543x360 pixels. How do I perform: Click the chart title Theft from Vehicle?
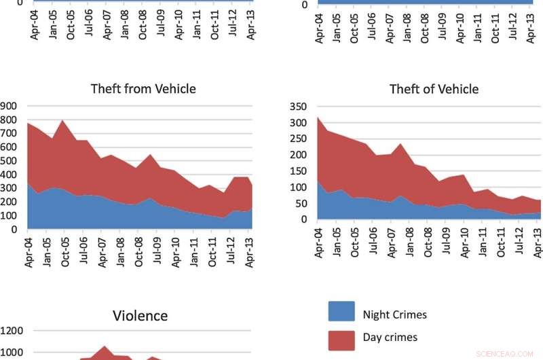[x=143, y=88]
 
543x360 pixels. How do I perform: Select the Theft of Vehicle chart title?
[x=434, y=89]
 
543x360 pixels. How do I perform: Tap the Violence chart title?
[x=140, y=315]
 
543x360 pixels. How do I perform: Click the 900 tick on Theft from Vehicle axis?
[x=8, y=106]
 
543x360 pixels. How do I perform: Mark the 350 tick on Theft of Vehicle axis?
[x=299, y=107]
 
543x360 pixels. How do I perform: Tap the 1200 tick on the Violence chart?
[x=11, y=331]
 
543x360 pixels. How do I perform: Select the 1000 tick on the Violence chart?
[x=11, y=353]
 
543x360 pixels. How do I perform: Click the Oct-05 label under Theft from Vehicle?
[x=66, y=251]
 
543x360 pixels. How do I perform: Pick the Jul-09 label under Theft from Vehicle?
[x=158, y=251]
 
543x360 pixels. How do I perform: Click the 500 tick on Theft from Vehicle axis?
[x=8, y=161]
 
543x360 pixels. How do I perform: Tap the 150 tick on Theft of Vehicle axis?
[x=299, y=170]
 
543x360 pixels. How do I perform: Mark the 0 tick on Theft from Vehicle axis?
[x=14, y=230]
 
